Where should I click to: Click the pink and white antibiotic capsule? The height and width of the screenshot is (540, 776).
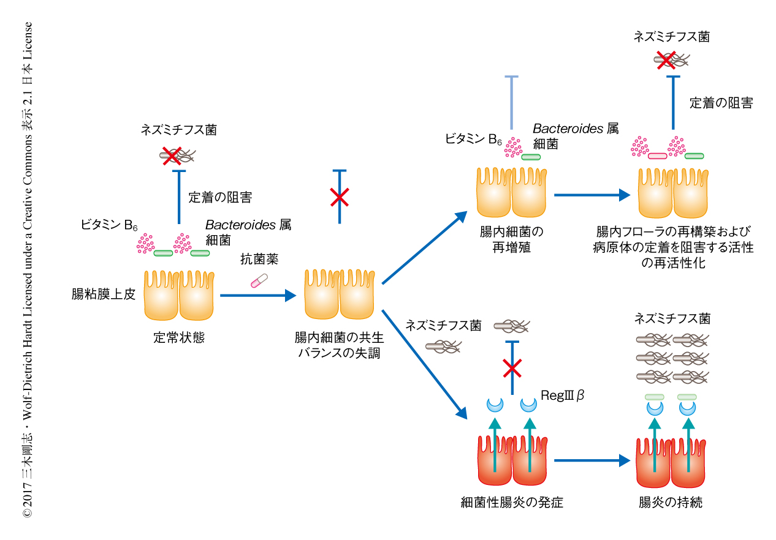click(259, 280)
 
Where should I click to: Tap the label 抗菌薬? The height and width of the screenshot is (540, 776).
click(259, 260)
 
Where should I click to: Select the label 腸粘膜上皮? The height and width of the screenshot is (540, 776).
click(103, 294)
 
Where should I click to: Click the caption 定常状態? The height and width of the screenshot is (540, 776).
click(178, 337)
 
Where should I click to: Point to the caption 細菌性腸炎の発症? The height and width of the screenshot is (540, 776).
click(512, 503)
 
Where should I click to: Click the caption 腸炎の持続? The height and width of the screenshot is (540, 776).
click(670, 503)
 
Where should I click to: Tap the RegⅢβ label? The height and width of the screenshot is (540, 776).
click(562, 396)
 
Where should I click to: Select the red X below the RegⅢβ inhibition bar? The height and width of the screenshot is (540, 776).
click(512, 369)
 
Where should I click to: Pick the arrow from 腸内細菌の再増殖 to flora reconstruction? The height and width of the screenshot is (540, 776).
click(592, 195)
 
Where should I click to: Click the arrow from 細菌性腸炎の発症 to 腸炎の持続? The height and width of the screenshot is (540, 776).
click(592, 460)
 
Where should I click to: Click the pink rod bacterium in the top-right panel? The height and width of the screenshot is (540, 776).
click(657, 156)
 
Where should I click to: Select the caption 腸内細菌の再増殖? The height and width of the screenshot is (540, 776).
click(512, 240)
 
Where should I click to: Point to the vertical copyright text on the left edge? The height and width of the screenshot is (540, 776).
click(28, 269)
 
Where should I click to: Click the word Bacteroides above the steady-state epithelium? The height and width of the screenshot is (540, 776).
click(240, 225)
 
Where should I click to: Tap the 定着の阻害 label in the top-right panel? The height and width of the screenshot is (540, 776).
click(721, 103)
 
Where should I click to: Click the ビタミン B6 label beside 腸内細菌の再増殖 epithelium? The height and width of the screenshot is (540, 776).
click(474, 140)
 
